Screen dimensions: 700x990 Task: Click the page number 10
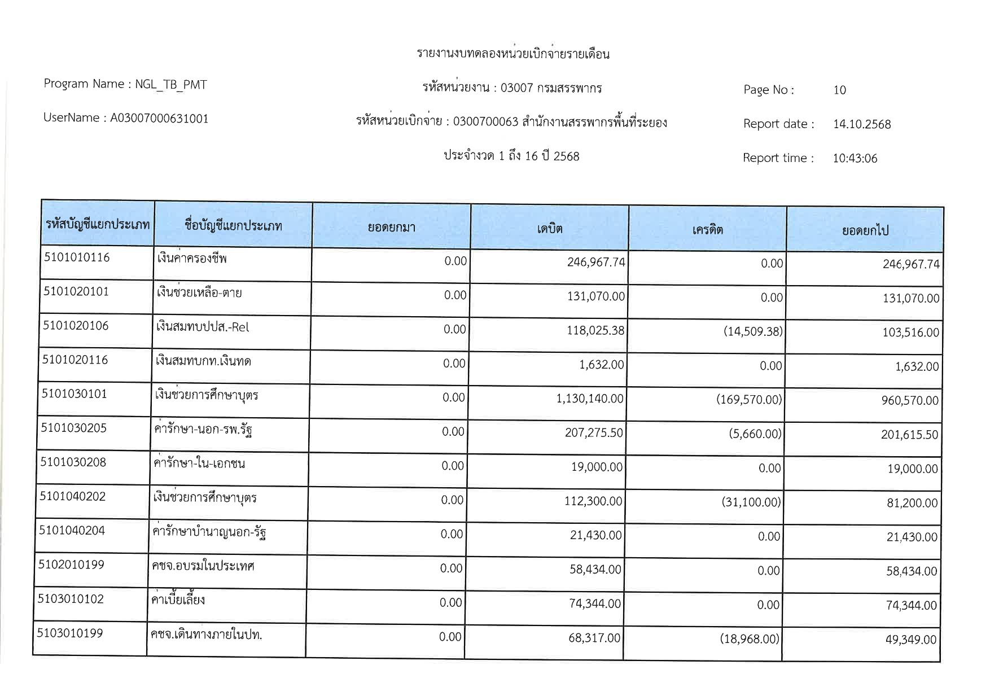pyautogui.click(x=839, y=90)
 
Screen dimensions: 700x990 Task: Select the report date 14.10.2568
pyautogui.click(x=862, y=125)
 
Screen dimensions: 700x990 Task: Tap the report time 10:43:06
pyautogui.click(x=855, y=159)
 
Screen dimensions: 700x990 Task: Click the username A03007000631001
pyautogui.click(x=159, y=119)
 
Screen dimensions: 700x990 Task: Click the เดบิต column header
pyautogui.click(x=549, y=229)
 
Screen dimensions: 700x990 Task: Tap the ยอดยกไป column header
pyautogui.click(x=865, y=230)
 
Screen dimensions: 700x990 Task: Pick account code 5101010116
pyautogui.click(x=77, y=258)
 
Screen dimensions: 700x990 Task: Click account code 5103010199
pyautogui.click(x=70, y=633)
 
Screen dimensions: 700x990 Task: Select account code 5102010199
pyautogui.click(x=71, y=565)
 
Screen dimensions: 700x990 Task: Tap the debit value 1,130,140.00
pyautogui.click(x=590, y=399)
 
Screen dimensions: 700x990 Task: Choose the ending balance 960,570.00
pyautogui.click(x=910, y=401)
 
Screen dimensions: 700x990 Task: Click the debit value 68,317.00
pyautogui.click(x=594, y=638)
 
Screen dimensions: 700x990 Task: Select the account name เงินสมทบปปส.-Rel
pyautogui.click(x=202, y=327)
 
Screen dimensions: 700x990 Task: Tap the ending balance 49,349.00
pyautogui.click(x=910, y=640)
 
